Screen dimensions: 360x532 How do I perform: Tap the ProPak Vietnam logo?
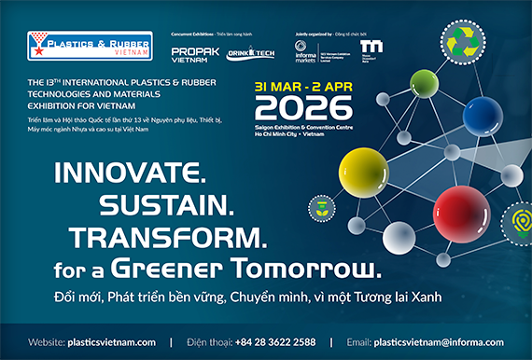[x=195, y=54]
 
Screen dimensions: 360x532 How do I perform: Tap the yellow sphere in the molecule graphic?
[x=362, y=169]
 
